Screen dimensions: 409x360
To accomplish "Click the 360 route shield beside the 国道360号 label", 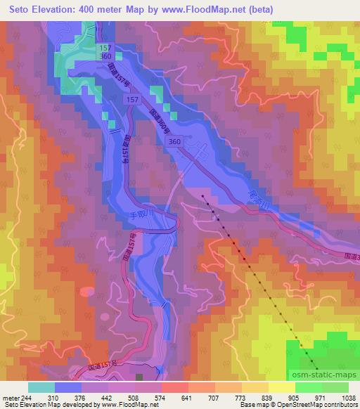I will pos(174,142).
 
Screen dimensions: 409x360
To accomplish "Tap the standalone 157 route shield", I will pos(132,100).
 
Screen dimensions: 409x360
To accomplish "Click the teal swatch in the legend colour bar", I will pos(41,387).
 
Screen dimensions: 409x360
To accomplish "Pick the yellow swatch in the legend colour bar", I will pos(281,387).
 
